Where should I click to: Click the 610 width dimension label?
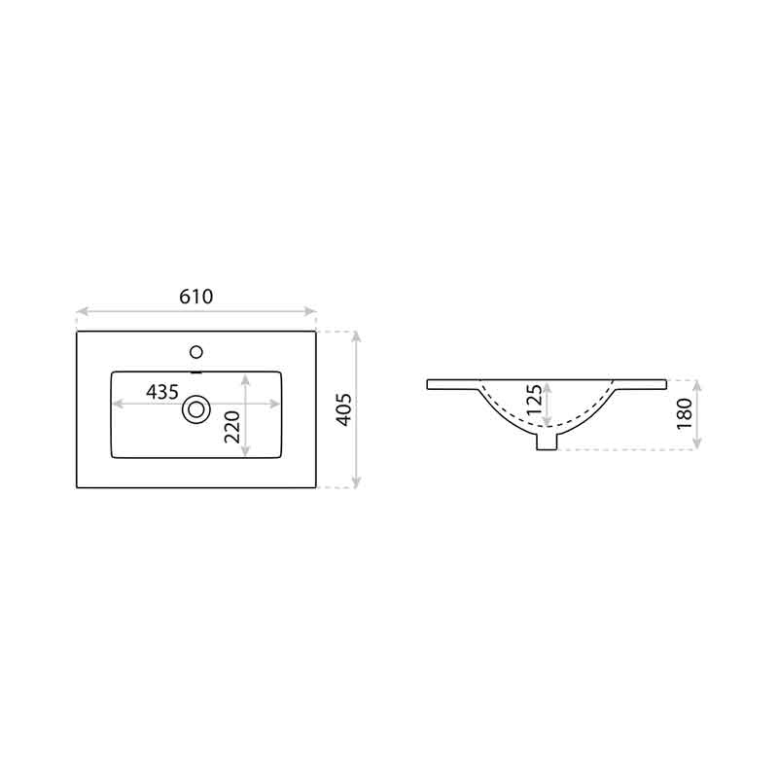click(196, 297)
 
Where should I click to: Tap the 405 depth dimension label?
click(344, 409)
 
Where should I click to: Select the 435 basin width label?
click(162, 392)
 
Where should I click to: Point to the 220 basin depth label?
click(232, 427)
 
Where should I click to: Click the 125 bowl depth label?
click(535, 400)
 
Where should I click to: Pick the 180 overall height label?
click(685, 414)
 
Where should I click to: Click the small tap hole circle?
click(196, 352)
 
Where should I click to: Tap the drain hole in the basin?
click(196, 409)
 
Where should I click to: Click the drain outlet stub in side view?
click(547, 442)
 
